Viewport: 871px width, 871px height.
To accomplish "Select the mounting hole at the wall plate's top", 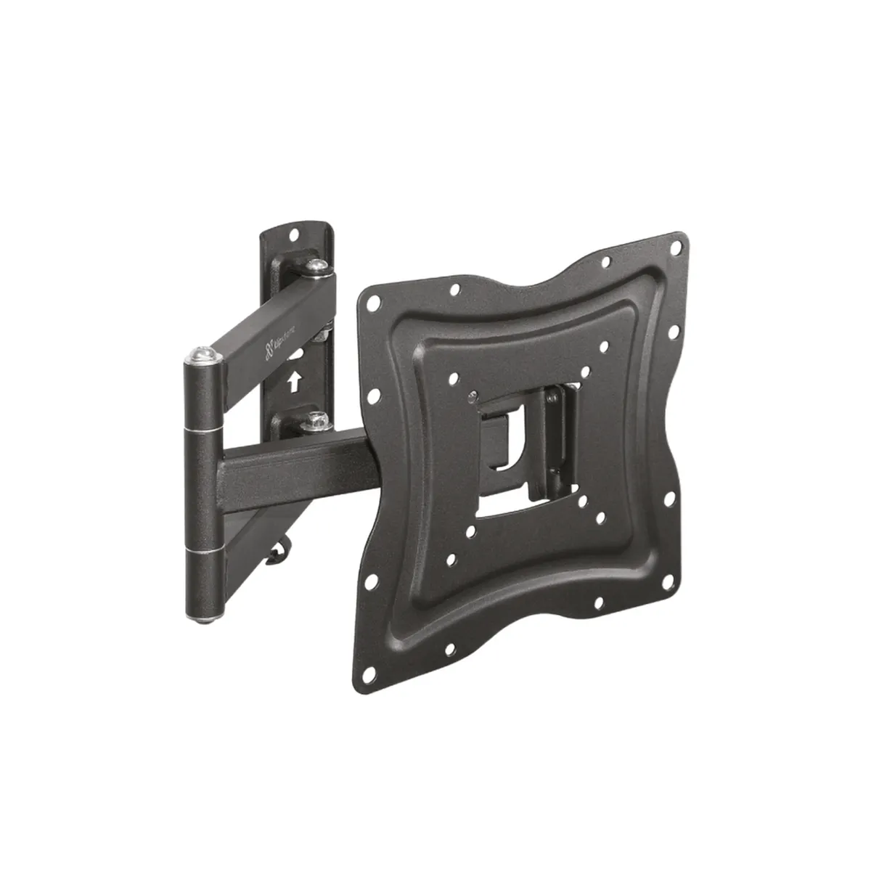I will pyautogui.click(x=294, y=235).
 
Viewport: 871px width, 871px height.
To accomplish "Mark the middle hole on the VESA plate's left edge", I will pyautogui.click(x=375, y=396).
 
